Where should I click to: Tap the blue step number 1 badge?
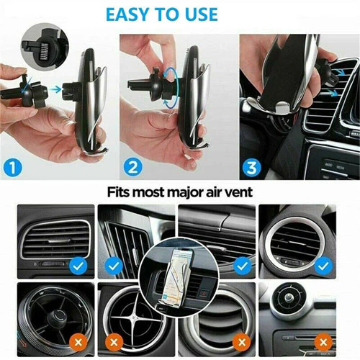coord(13,167)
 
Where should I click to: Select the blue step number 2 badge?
coord(133,167)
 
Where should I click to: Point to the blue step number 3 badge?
coord(252,167)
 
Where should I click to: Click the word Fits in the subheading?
coord(118,192)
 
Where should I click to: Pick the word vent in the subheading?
coord(240,192)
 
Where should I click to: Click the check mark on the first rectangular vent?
coord(78,266)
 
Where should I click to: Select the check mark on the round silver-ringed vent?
coord(323,266)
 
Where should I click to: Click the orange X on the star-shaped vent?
coord(114,342)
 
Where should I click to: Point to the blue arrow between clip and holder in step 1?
coord(56,89)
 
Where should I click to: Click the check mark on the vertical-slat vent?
coord(114,266)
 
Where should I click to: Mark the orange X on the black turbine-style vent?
coord(78,342)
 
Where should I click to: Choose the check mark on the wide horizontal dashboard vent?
coord(243,266)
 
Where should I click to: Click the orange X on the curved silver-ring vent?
coord(242,342)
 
